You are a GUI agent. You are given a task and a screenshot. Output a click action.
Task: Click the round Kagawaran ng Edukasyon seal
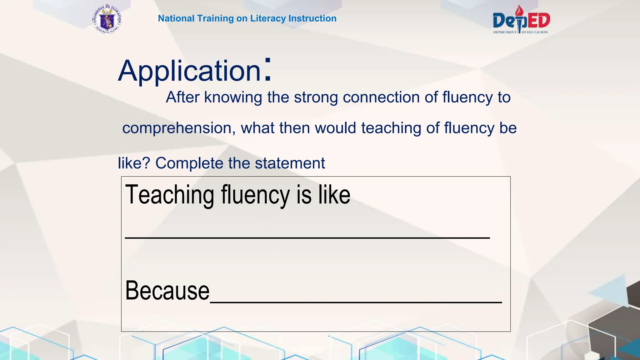coord(107,19)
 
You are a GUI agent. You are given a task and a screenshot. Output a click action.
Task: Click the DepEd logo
coord(521,20)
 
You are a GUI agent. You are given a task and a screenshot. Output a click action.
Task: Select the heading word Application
coord(189,71)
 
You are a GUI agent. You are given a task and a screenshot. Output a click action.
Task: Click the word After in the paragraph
coord(182,97)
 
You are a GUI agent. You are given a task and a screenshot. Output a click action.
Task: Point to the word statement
coord(290,163)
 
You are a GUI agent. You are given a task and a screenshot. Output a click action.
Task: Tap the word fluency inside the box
coord(255,195)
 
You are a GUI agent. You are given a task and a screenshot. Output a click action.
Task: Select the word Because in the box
coord(167,291)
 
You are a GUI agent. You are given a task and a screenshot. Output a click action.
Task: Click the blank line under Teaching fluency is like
coord(307,237)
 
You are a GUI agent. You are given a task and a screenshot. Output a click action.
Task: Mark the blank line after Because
coord(356,302)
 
